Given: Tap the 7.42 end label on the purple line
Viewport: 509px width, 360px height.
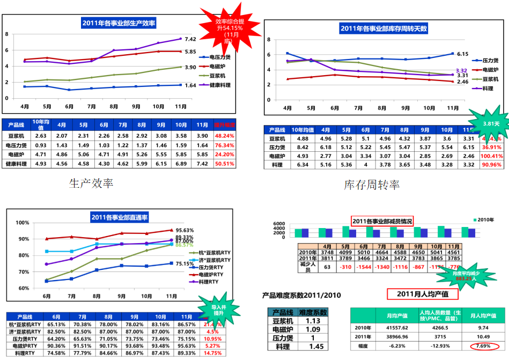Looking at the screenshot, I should click(190, 39).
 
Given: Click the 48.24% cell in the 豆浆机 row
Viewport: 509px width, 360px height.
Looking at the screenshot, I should click(225, 136).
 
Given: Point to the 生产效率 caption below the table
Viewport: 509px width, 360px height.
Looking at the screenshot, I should click(92, 183).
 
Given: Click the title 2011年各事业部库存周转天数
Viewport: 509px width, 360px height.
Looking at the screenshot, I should click(384, 28).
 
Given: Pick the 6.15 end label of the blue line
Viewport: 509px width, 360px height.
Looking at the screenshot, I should click(463, 54).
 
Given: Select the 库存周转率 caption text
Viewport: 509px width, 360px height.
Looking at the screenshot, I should click(372, 185).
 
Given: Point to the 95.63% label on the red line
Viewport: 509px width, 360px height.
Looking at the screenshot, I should click(185, 230).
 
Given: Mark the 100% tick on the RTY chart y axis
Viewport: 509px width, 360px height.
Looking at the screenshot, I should click(23, 223).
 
